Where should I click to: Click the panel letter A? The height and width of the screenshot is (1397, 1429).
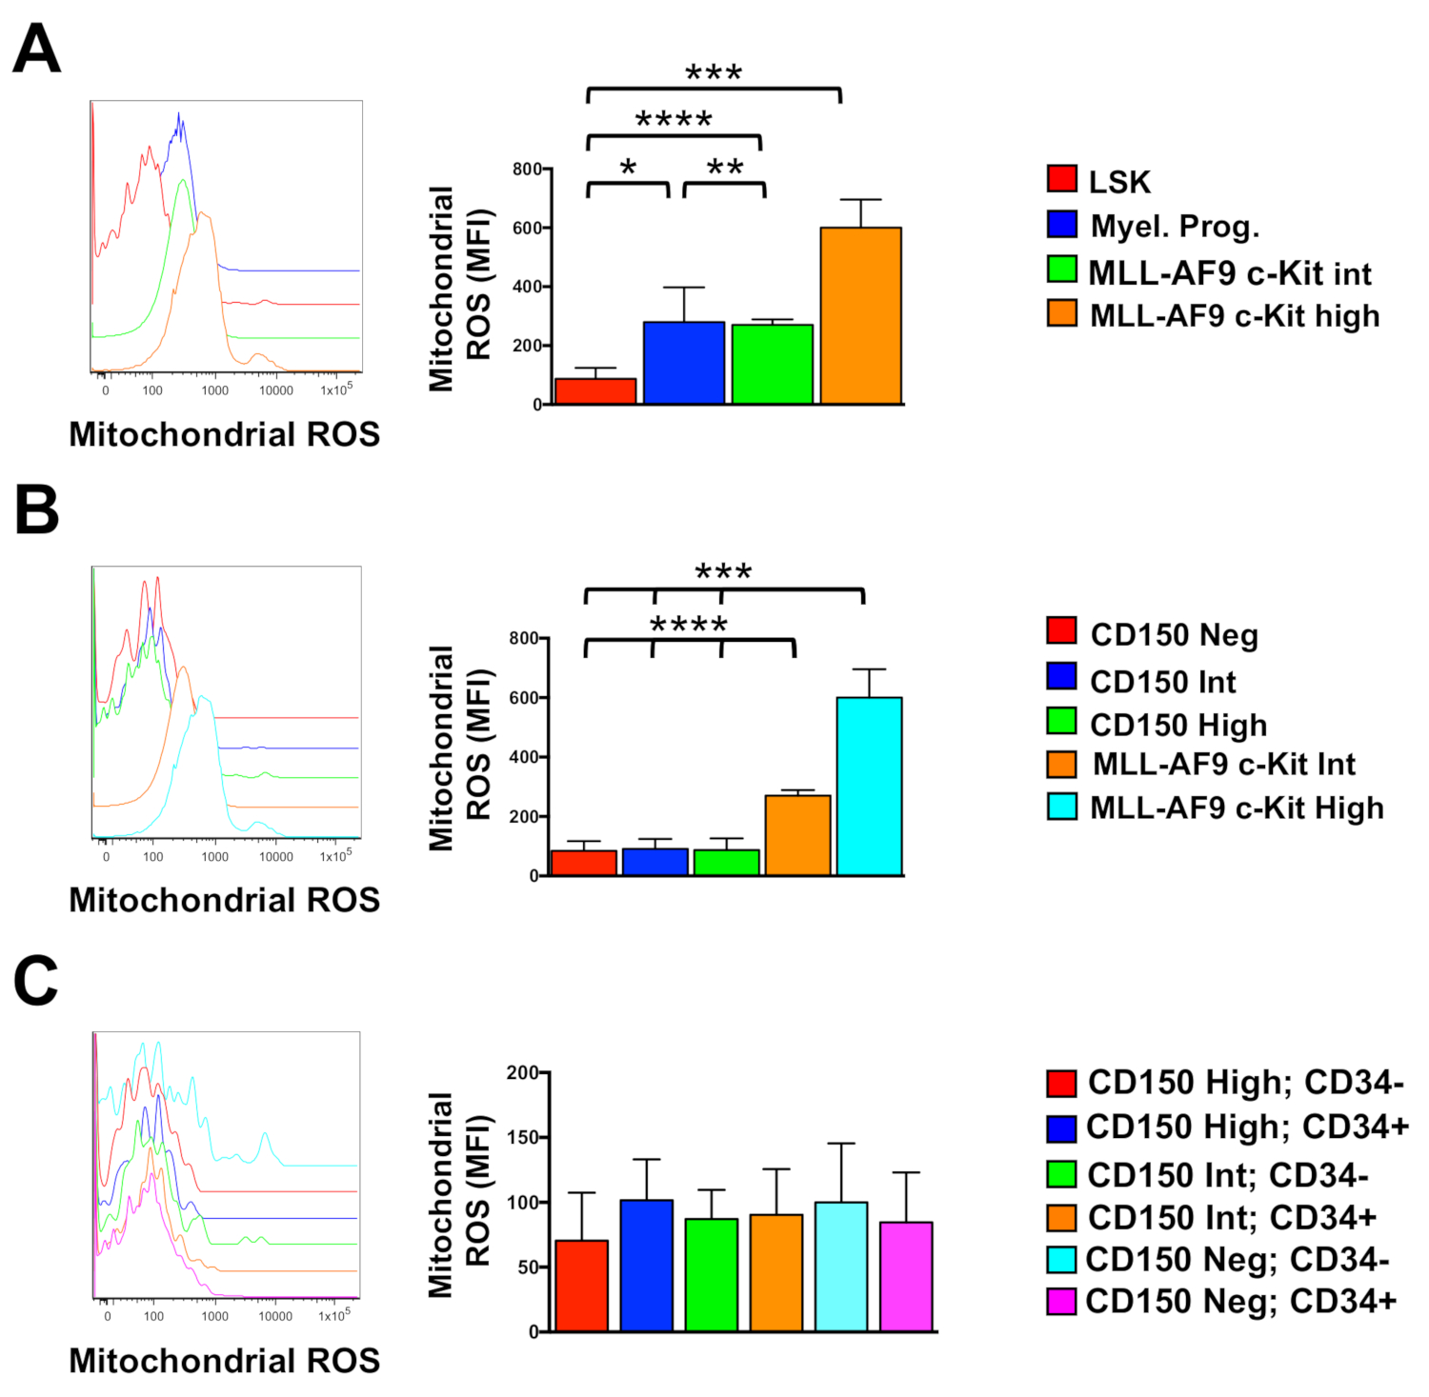[x=36, y=49]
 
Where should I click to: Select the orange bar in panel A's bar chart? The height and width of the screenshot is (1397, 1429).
[x=860, y=315]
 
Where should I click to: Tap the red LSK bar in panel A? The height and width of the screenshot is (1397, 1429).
[x=595, y=390]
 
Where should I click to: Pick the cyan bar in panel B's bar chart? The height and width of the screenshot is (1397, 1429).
[x=869, y=786]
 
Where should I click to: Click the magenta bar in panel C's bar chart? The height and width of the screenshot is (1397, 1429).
[x=906, y=1276]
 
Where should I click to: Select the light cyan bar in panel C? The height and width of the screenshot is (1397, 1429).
[x=841, y=1266]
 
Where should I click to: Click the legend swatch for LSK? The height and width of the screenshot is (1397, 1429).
[x=1061, y=179]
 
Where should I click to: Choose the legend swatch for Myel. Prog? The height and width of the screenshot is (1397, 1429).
[x=1061, y=225]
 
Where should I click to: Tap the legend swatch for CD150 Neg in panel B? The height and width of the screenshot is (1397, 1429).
[x=1061, y=631]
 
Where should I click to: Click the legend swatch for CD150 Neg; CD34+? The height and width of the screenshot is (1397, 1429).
[x=1061, y=1301]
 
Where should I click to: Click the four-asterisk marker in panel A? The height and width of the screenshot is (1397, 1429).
[x=674, y=120]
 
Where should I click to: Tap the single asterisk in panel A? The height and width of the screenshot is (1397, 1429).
[x=628, y=169]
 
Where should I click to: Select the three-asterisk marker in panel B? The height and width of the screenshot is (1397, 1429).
[x=723, y=571]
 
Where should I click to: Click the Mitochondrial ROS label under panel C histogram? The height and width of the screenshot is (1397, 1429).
[x=224, y=1360]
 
